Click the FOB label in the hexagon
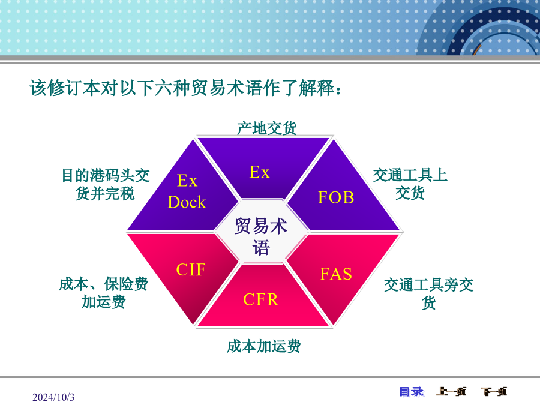click(x=336, y=197)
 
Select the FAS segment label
click(x=336, y=274)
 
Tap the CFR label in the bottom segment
click(x=261, y=299)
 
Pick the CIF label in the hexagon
click(x=191, y=269)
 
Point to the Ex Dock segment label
click(x=187, y=191)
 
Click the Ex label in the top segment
click(x=260, y=172)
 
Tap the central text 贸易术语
click(x=261, y=236)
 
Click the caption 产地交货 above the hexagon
click(x=267, y=128)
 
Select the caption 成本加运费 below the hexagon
click(x=264, y=346)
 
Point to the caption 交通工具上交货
click(x=410, y=184)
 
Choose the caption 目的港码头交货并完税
click(x=106, y=184)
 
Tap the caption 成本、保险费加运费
click(x=103, y=293)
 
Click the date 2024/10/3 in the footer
click(x=53, y=397)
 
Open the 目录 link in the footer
click(x=412, y=392)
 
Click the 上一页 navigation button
click(x=451, y=392)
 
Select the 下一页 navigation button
click(x=494, y=392)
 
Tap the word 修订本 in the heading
click(x=74, y=88)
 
